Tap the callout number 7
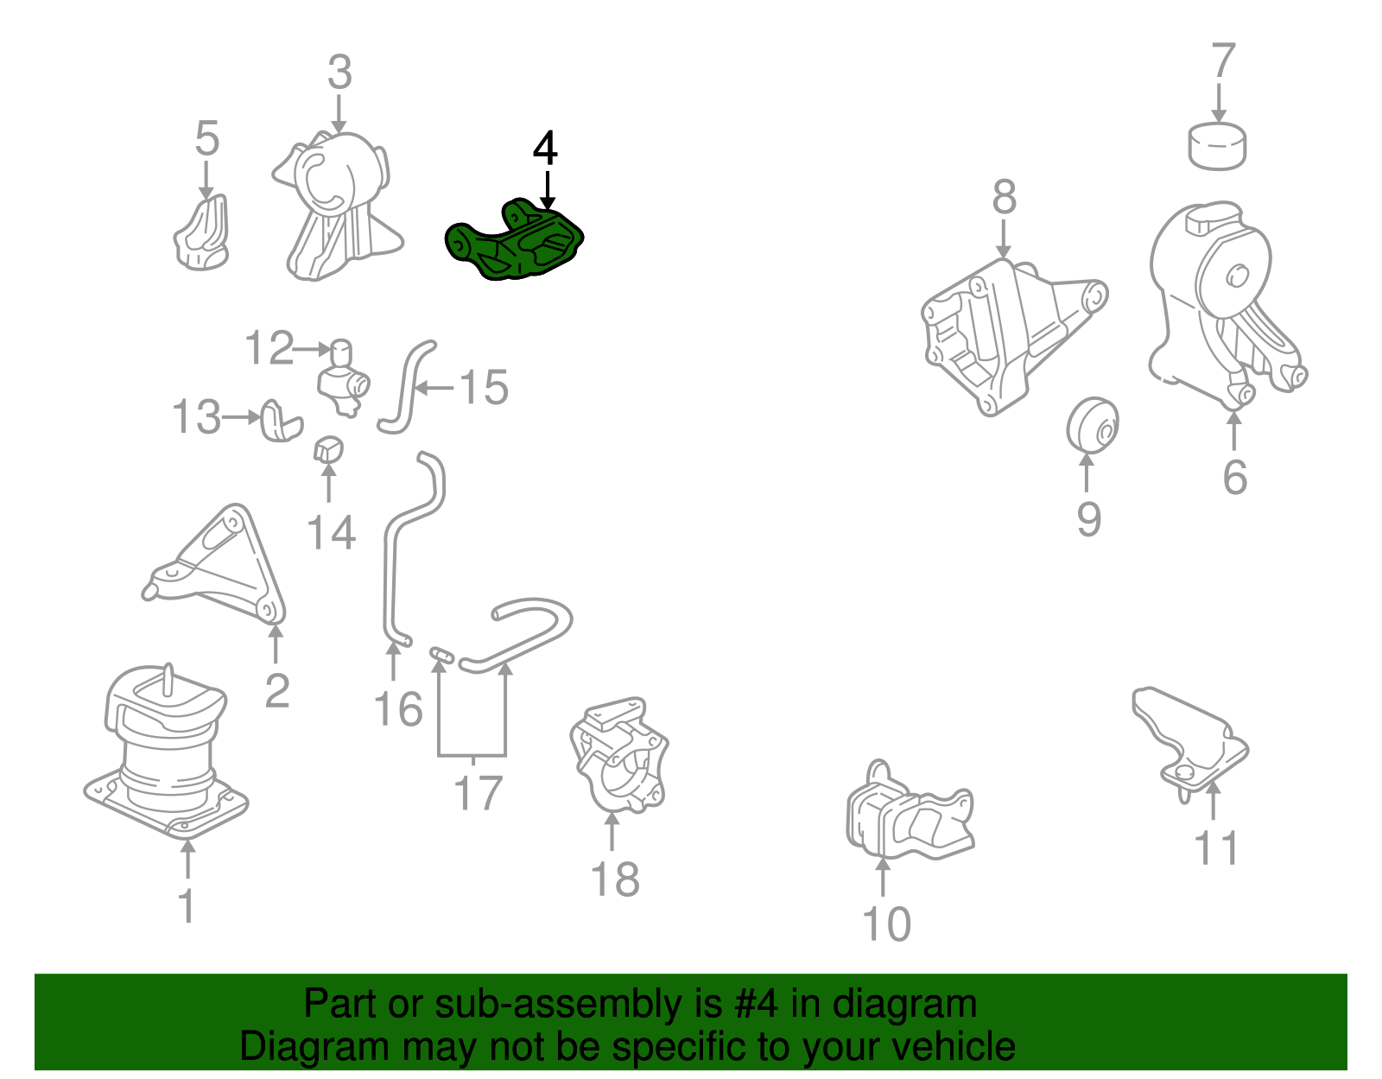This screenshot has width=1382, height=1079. pos(1222,60)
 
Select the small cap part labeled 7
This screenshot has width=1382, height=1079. pos(1217,146)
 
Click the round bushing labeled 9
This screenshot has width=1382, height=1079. pos(1092,424)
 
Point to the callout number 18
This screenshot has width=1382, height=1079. pos(614,879)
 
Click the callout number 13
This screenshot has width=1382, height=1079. pos(197,417)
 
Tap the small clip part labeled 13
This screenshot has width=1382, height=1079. pos(282,420)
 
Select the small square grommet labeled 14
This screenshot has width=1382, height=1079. pos(328,449)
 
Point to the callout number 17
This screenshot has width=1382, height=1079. pos(479,793)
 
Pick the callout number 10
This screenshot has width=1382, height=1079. pos(886,923)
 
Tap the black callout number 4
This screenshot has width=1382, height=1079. pos(545,148)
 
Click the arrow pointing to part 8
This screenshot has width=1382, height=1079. pos(1003,239)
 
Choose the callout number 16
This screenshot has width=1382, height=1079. pos(398,709)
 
